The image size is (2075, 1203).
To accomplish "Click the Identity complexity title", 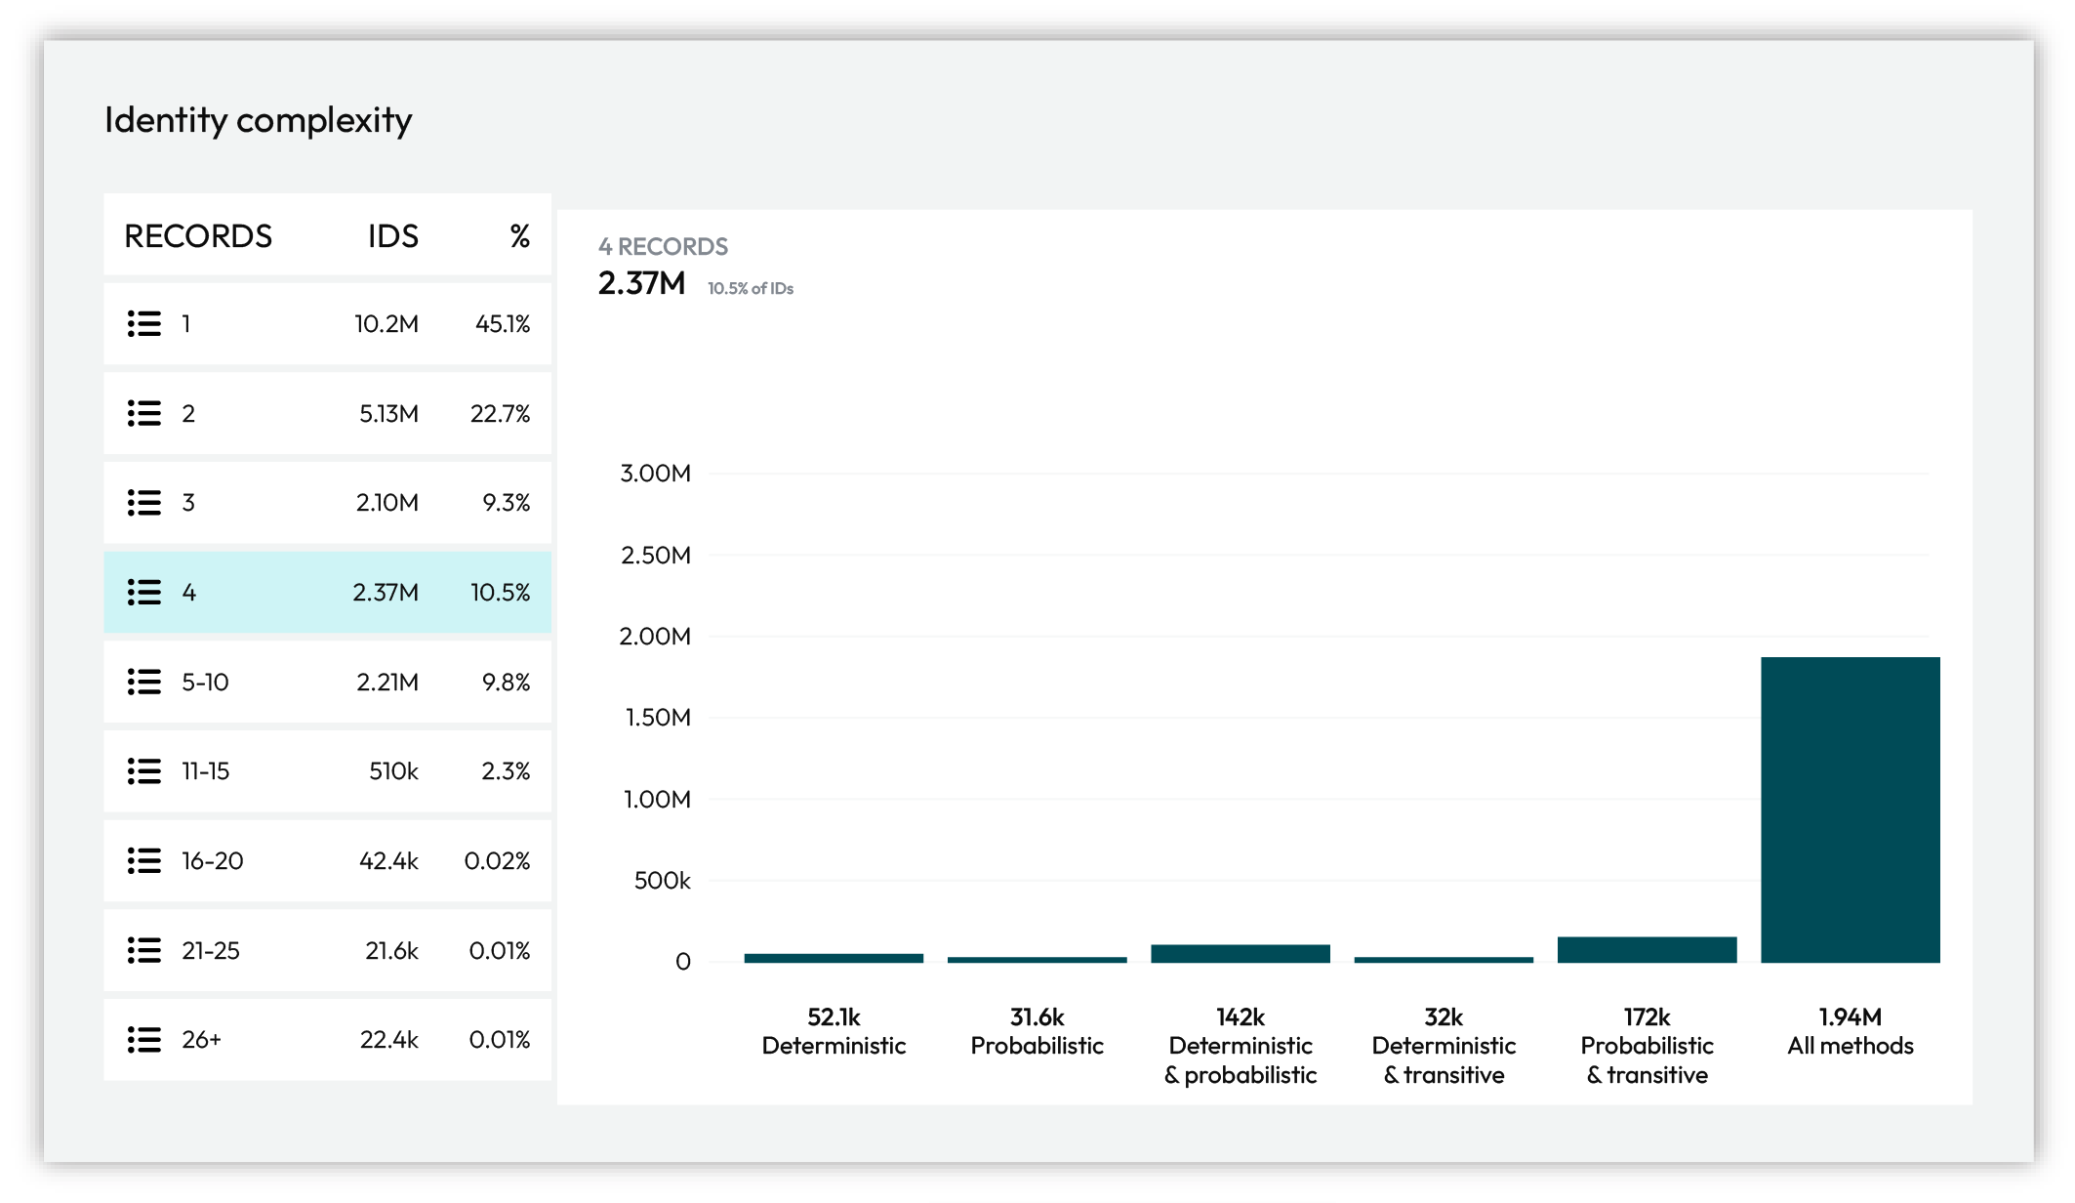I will point(258,120).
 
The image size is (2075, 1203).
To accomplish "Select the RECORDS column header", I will point(198,236).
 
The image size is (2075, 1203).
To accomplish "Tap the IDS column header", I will point(392,236).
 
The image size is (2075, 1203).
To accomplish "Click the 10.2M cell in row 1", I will point(386,324).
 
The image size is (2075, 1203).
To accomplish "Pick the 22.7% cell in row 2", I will point(500,414).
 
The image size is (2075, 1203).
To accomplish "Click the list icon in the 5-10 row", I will point(144,682).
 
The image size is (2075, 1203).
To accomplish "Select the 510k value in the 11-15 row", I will point(393,771).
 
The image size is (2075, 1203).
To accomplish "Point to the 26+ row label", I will point(201,1040).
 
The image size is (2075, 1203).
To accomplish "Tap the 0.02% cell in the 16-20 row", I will point(497,861).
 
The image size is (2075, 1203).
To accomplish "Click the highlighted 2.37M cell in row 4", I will point(385,593).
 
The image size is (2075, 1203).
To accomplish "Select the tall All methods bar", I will point(1850,810).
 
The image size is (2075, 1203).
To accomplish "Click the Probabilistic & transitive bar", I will point(1647,950).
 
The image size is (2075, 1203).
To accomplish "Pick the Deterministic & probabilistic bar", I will point(1240,954).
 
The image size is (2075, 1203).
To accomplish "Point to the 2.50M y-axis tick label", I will point(655,556).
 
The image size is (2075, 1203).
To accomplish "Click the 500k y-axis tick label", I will point(662,881).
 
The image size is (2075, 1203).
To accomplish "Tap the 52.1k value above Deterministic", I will point(834,1017).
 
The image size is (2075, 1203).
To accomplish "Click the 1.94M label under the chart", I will point(1850,1017).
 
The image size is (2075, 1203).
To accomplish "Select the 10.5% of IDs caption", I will point(750,289).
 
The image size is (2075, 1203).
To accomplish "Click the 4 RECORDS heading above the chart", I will point(663,247).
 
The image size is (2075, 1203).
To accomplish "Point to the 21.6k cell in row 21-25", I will point(391,951).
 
